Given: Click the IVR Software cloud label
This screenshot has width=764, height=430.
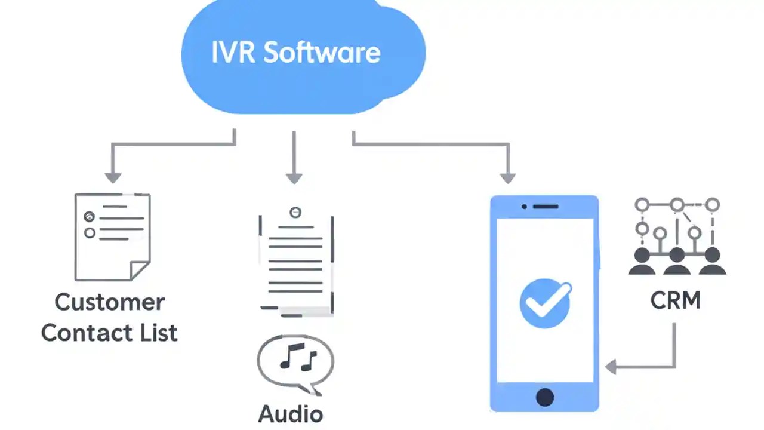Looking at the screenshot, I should coord(296,53).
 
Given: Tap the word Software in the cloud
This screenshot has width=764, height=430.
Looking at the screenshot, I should coord(322,53).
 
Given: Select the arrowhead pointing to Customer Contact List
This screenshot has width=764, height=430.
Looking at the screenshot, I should coord(113,177).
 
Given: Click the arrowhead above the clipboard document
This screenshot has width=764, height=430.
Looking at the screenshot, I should coord(294,177).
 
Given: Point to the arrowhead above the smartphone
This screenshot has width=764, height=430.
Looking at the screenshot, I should coord(507,177).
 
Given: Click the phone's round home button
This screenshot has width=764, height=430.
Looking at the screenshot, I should coord(544,397).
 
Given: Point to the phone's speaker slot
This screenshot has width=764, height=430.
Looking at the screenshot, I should coord(546,207).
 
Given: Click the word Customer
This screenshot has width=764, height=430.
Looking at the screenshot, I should coord(110,302).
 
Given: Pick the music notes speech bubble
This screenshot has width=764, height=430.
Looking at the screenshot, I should coord(295,362).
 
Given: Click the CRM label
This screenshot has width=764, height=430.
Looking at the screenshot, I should coord(676,301).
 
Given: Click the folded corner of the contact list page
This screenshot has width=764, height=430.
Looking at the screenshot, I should coord(140,271).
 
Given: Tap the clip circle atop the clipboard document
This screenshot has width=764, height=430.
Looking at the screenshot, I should coord(295,212).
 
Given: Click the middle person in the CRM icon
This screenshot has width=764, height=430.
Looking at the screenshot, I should coord(677,262).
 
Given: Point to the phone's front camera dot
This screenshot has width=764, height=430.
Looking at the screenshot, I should coord(524,207).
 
